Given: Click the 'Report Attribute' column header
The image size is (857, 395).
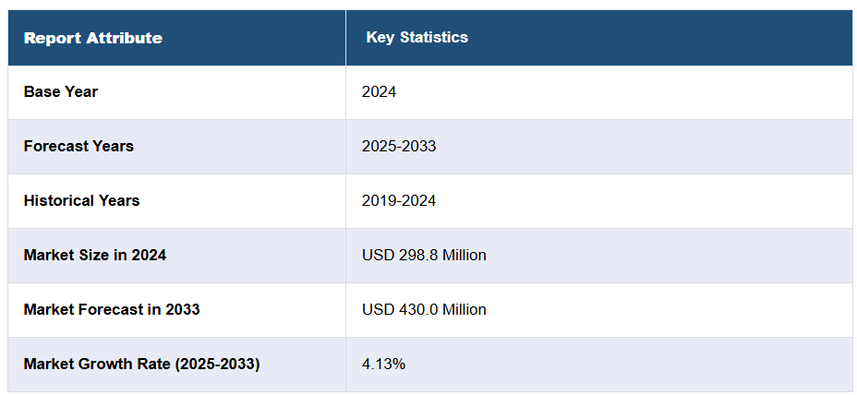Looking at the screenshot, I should (x=92, y=38).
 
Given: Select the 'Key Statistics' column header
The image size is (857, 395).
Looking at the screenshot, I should (x=416, y=37).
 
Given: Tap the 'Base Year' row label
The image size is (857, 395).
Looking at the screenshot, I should (x=61, y=91).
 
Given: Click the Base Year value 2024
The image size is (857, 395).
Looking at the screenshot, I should (x=379, y=91).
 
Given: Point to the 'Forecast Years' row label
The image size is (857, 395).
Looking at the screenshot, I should (x=78, y=146).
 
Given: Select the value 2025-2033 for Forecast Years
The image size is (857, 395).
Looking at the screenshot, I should (x=399, y=146).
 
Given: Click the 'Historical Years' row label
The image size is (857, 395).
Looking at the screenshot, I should (x=81, y=200).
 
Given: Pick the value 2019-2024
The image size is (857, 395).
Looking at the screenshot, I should (x=399, y=200).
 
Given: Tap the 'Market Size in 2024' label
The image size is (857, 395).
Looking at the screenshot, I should (x=95, y=255).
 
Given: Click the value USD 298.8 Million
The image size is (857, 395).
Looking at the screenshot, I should (x=424, y=255).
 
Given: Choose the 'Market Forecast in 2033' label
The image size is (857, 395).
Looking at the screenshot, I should (x=112, y=309).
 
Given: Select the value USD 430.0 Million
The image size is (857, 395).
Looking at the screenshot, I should (x=424, y=309).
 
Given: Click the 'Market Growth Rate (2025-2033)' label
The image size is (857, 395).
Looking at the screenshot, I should (x=141, y=364).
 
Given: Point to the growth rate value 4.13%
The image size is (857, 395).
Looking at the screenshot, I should (x=383, y=364).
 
